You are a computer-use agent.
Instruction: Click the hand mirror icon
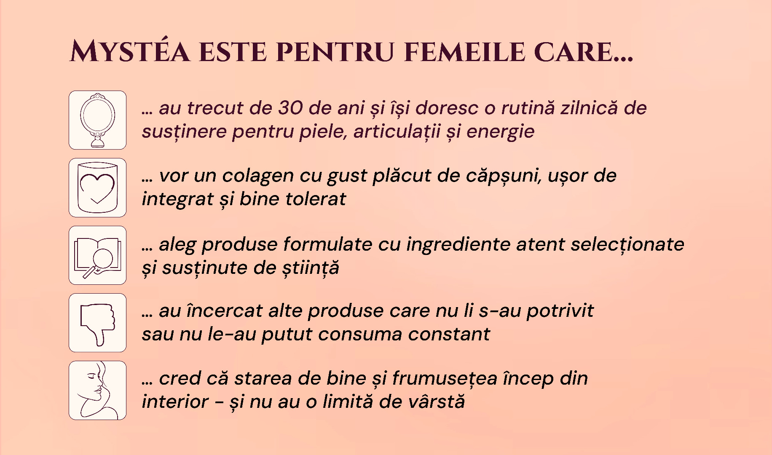click(97, 120)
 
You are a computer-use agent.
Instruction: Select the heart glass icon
click(97, 187)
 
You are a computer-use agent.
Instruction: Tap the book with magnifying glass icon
click(97, 255)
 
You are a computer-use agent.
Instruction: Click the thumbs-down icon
click(97, 323)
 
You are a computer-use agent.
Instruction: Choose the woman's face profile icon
click(97, 390)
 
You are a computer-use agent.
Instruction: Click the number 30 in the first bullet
click(290, 108)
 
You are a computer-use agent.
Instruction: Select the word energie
click(501, 132)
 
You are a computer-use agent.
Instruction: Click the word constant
click(449, 335)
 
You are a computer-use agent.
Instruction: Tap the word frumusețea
click(445, 378)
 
